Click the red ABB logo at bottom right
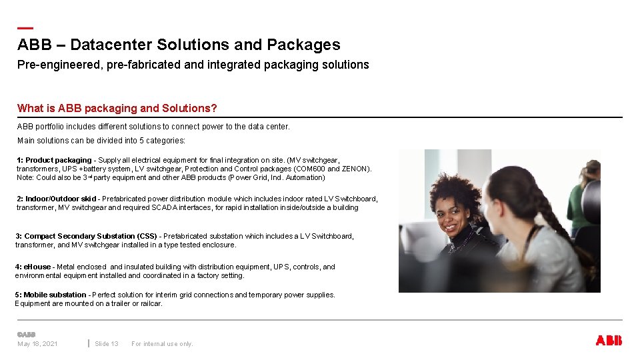[608, 341]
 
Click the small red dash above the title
[25, 28]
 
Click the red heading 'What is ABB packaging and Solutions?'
[117, 108]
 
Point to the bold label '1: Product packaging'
[55, 160]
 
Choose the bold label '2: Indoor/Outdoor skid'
[57, 199]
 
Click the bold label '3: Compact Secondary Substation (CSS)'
[86, 236]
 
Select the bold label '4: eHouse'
[34, 267]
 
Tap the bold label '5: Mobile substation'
[51, 295]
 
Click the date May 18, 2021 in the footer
[37, 344]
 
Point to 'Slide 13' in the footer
[107, 344]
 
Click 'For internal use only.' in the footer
[162, 344]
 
